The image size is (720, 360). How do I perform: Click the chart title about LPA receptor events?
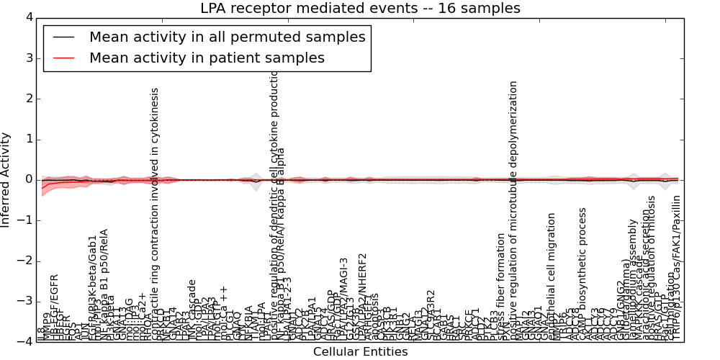tap(360, 9)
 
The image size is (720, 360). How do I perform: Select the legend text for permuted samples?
tap(228, 37)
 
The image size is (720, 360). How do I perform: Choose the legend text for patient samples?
tap(207, 58)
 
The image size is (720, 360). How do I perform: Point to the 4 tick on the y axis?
tap(29, 17)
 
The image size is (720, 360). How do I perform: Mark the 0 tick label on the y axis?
tap(29, 179)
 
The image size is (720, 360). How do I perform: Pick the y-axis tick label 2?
tap(29, 99)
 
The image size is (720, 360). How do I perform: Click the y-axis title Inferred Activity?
tap(6, 180)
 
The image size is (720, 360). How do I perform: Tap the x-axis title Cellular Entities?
tap(360, 352)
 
